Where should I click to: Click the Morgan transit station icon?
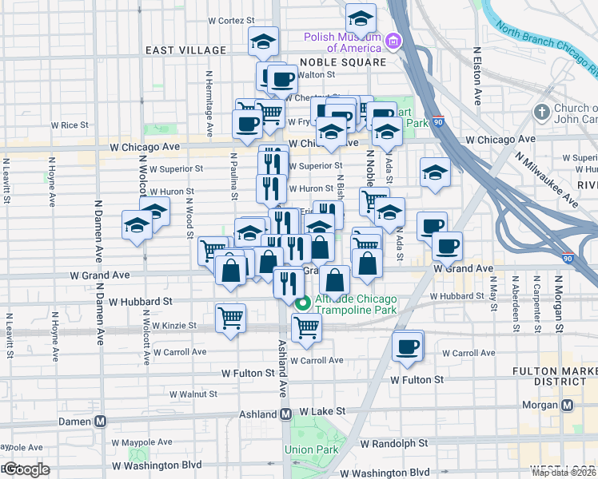[x=568, y=405]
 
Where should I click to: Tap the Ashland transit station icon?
[x=285, y=414]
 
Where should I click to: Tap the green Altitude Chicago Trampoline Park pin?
[x=302, y=303]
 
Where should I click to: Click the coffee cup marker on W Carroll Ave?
[x=408, y=346]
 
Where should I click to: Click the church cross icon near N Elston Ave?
[x=543, y=112]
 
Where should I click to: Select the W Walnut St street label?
[x=193, y=394]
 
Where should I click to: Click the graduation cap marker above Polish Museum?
[x=361, y=17]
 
